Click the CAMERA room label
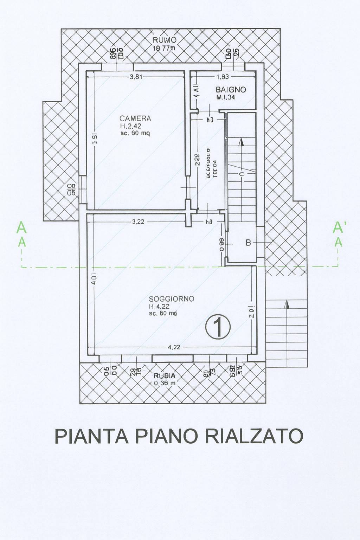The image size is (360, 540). click(135, 118)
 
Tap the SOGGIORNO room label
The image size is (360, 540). click(171, 299)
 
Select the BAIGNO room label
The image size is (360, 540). click(231, 90)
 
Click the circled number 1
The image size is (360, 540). click(218, 327)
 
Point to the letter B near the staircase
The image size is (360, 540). click(248, 243)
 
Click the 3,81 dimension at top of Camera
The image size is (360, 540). click(136, 77)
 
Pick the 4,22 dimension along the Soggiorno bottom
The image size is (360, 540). click(174, 347)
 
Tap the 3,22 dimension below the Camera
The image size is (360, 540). click(139, 222)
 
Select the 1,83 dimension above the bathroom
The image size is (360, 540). click(223, 77)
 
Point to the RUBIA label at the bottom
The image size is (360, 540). click(165, 376)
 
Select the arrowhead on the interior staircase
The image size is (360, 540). click(241, 142)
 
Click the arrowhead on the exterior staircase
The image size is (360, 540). click(288, 304)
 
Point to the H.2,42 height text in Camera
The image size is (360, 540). click(130, 127)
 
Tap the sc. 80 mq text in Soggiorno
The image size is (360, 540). click(163, 313)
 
